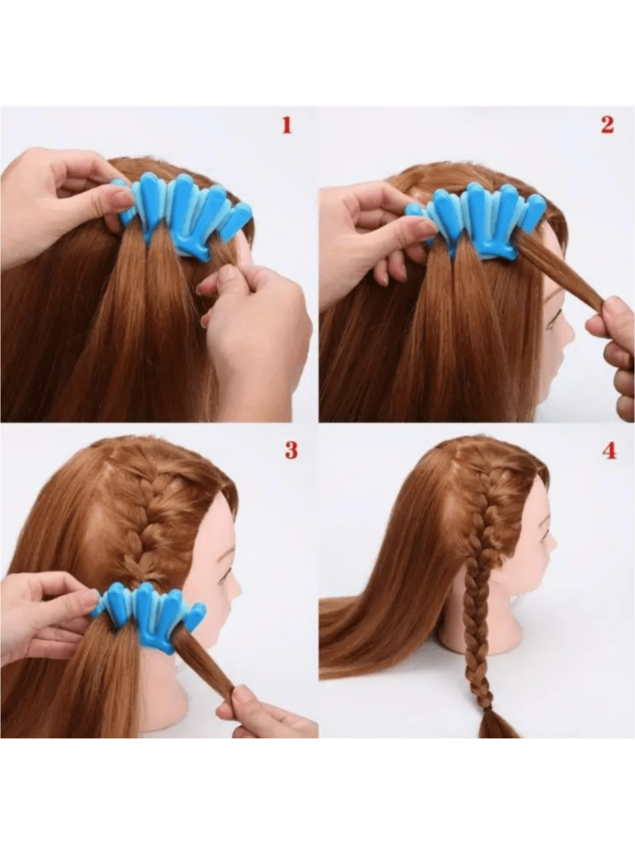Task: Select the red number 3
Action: click(x=291, y=450)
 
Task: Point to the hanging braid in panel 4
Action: click(x=474, y=630)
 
